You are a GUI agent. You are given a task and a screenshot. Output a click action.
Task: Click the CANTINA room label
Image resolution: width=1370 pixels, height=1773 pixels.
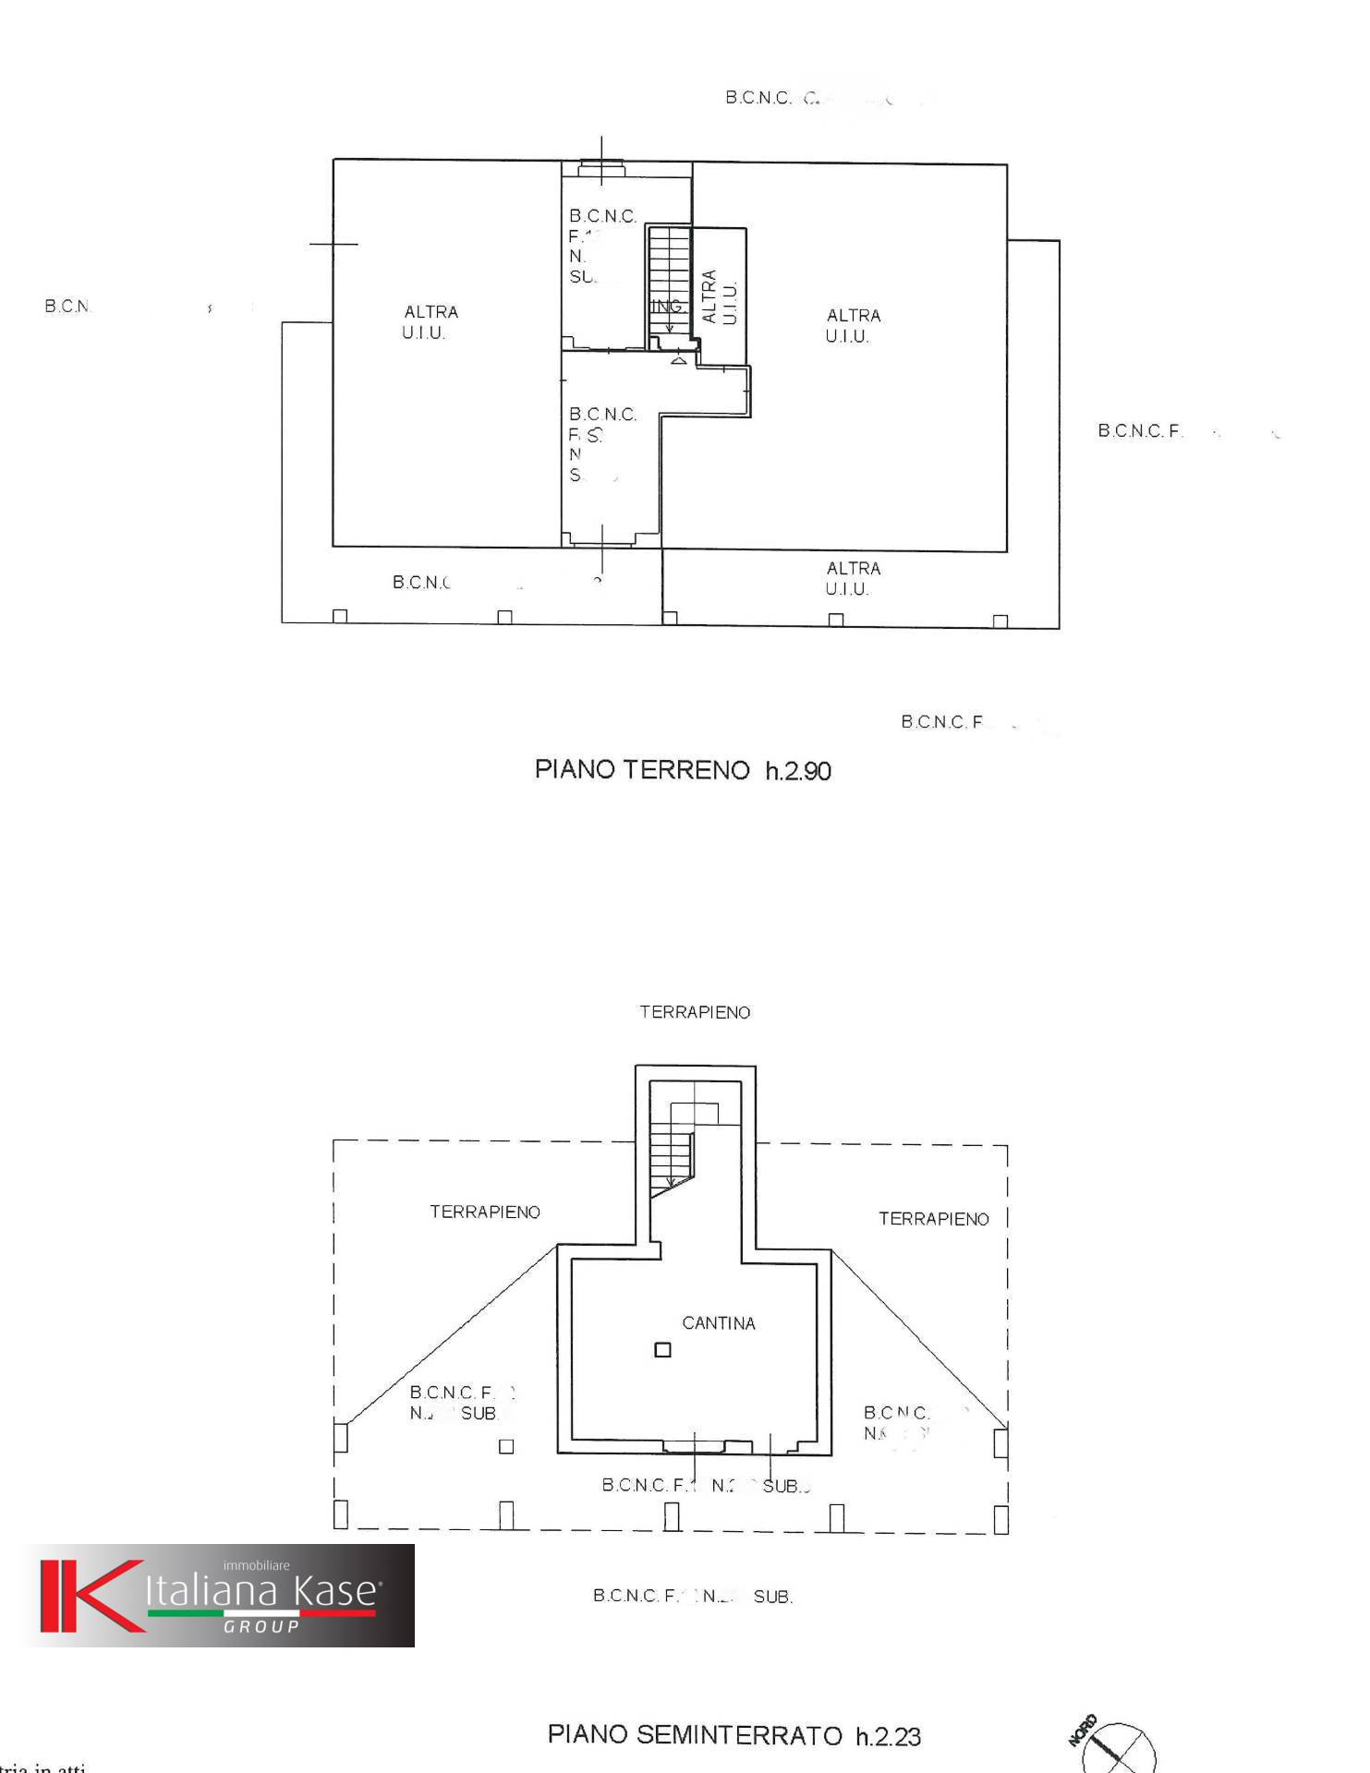(x=718, y=1323)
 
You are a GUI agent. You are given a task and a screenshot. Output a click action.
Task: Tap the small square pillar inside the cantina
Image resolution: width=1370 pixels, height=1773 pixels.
(x=662, y=1350)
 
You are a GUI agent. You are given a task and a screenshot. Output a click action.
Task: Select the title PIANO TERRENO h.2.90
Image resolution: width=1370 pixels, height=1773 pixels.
(x=683, y=770)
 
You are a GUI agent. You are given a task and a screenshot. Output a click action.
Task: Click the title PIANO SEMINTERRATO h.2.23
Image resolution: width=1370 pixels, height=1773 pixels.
(x=733, y=1735)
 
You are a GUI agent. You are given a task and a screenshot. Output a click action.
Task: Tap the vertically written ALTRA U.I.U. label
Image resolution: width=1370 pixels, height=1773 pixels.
(x=720, y=296)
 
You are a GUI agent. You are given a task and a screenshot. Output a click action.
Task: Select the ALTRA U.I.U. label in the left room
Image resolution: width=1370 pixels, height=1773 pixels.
(x=430, y=322)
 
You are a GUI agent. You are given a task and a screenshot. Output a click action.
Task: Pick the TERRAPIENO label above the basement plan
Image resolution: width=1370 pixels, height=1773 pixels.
(x=695, y=1012)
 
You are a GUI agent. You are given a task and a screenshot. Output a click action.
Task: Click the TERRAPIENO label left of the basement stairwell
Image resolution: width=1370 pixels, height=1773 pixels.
(x=484, y=1212)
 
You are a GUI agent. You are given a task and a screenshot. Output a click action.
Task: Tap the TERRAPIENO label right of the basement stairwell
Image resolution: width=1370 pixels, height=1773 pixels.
(x=933, y=1219)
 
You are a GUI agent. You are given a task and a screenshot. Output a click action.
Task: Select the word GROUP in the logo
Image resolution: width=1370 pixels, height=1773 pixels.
(x=261, y=1626)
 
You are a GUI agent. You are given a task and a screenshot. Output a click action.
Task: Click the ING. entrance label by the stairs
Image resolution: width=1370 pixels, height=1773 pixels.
(x=667, y=306)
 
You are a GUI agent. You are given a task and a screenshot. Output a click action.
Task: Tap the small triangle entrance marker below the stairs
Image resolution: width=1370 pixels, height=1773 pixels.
(x=679, y=359)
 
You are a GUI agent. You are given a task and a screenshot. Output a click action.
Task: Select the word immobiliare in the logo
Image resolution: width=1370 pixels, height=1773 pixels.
(x=256, y=1565)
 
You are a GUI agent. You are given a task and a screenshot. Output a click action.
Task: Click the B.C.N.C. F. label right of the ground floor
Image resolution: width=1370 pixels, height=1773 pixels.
(x=1140, y=430)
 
